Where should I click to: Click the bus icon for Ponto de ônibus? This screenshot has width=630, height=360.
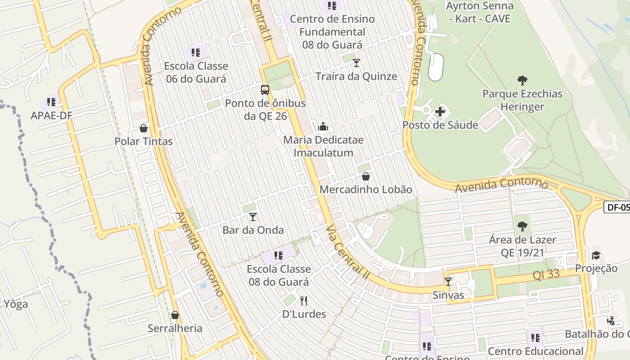[x=265, y=90]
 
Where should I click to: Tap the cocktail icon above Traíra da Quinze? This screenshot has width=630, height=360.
[x=356, y=63]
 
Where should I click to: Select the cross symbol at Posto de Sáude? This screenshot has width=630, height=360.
[x=440, y=111]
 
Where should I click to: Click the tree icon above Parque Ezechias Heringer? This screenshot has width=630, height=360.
[x=522, y=81]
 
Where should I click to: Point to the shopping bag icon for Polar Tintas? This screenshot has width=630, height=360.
[x=144, y=128]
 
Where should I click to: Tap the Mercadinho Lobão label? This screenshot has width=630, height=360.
[x=365, y=189]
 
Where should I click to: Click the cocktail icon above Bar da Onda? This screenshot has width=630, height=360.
[x=253, y=217]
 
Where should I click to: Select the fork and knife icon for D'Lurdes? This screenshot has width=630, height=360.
[x=304, y=301]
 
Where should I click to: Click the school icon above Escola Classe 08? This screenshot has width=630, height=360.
[x=279, y=256]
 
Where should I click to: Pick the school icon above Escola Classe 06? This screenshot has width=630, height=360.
[x=195, y=53]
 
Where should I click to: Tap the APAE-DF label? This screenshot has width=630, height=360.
[x=51, y=115]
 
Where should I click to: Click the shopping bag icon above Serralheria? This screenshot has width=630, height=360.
[x=175, y=315]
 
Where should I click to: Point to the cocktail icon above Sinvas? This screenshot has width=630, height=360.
[x=448, y=282]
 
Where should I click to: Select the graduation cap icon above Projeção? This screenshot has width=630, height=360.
[x=596, y=255]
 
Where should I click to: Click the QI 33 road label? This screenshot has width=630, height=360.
[x=546, y=274]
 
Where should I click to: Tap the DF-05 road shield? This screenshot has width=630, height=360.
[x=617, y=207]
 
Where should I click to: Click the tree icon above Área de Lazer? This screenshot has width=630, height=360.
[x=522, y=226]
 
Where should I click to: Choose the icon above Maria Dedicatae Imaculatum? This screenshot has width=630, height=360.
[x=323, y=126]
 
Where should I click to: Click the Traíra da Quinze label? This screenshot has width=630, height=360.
[x=356, y=76]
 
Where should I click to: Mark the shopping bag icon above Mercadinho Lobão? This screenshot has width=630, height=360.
[x=366, y=176]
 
